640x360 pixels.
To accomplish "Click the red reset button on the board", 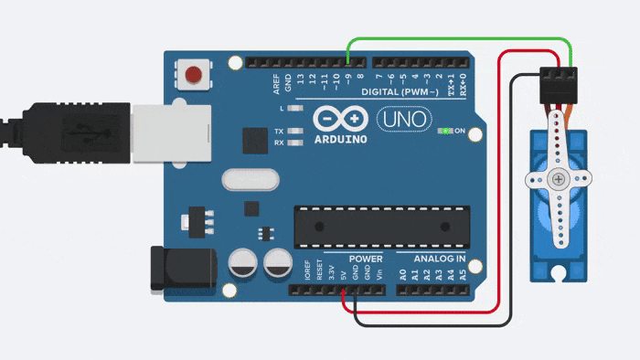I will pyautogui.click(x=193, y=74).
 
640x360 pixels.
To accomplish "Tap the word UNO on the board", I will pyautogui.click(x=400, y=119).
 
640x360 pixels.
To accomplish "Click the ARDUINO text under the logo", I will pyautogui.click(x=340, y=140).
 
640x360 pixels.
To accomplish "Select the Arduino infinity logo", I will pyautogui.click(x=340, y=120).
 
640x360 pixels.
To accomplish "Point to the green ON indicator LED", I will pyautogui.click(x=445, y=132).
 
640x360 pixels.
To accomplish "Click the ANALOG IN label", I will pyautogui.click(x=439, y=259).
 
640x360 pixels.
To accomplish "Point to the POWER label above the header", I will pyautogui.click(x=366, y=259).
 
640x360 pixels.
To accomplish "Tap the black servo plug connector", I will pyautogui.click(x=559, y=86).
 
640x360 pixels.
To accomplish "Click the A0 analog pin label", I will pyautogui.click(x=403, y=274).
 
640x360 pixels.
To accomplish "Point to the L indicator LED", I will pyautogui.click(x=294, y=109).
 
